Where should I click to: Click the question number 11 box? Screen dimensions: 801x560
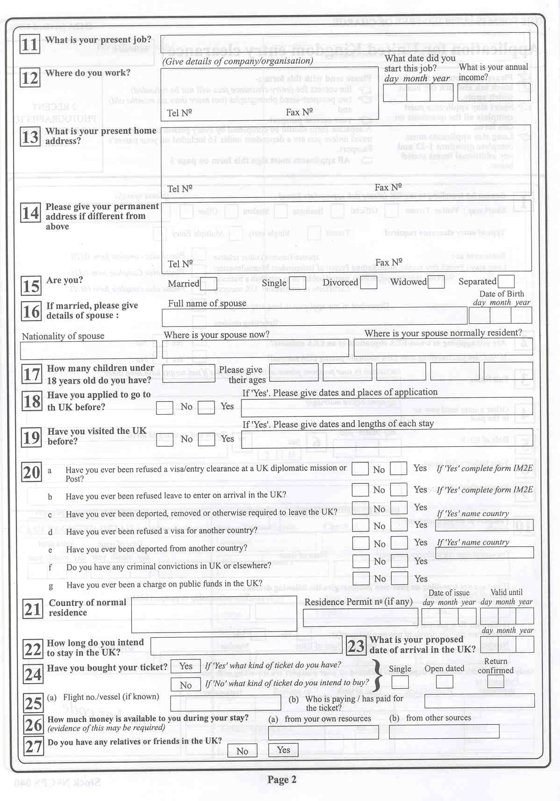(x=29, y=45)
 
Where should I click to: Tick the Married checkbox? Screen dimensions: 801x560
(x=208, y=284)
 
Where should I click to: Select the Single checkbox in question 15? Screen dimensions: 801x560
(x=297, y=283)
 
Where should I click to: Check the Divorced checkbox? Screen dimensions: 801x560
(x=368, y=283)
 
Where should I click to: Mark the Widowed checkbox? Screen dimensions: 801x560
(x=436, y=282)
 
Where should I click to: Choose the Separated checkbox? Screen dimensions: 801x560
(x=506, y=282)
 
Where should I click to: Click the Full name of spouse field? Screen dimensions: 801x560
(x=314, y=317)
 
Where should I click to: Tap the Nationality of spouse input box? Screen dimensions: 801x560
(x=89, y=350)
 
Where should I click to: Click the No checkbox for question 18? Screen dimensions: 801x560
(x=165, y=408)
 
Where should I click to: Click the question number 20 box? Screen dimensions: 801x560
(x=32, y=473)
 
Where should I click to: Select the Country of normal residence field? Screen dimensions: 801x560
(x=214, y=614)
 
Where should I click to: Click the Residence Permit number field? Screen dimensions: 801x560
(x=360, y=618)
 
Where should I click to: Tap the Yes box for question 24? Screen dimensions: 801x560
(x=186, y=666)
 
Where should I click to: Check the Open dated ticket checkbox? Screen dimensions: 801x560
(x=444, y=682)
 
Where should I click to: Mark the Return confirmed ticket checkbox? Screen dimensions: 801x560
(x=495, y=682)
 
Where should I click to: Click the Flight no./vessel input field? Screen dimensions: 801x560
(x=225, y=703)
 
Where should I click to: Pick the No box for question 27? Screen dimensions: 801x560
(x=242, y=751)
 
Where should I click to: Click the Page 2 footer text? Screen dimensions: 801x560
(x=282, y=779)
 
